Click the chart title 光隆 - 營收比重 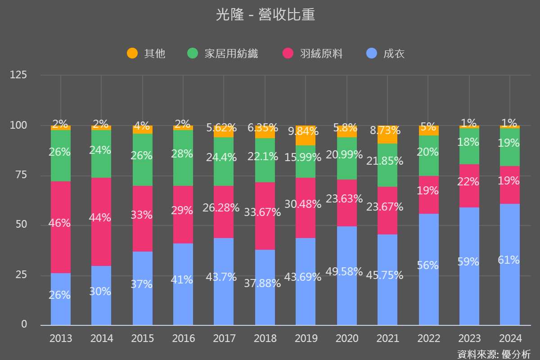(265, 15)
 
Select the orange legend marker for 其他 (132, 54)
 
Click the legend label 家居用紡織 (231, 54)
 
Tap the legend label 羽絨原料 (321, 54)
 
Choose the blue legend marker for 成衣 (371, 54)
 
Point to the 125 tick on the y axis (18, 75)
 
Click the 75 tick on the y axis (18, 175)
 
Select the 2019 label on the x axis (306, 338)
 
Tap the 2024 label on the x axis (510, 338)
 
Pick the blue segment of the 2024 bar (510, 288)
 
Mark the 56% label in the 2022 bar (428, 265)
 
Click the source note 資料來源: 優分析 (494, 354)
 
